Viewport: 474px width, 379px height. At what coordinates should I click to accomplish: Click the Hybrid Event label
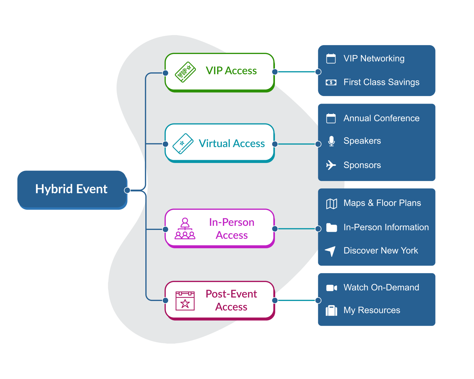(71, 189)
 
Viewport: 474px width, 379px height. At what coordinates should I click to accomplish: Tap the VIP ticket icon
(185, 72)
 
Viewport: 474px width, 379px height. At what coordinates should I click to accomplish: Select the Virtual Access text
(232, 143)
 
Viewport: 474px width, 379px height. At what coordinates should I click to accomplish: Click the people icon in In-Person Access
(185, 229)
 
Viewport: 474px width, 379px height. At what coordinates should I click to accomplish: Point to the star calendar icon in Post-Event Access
(185, 301)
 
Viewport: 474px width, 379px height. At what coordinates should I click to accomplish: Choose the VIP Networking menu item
(374, 58)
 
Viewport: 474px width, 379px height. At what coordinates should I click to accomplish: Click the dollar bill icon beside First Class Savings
(331, 82)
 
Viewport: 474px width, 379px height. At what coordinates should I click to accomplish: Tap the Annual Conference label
(381, 118)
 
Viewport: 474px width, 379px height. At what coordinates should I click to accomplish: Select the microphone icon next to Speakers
(331, 141)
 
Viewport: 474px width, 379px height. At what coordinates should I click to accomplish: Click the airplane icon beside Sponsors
(331, 165)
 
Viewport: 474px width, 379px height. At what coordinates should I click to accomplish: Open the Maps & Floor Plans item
(382, 203)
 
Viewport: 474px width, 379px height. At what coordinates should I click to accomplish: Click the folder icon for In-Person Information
(331, 227)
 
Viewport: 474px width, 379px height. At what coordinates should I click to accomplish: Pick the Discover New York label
(380, 250)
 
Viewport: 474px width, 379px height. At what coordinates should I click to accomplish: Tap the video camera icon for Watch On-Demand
(331, 288)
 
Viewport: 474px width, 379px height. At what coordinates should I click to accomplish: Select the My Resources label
(372, 310)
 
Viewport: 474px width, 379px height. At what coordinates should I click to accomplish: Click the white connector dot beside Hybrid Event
(127, 190)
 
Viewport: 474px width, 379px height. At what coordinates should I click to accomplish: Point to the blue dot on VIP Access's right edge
(275, 72)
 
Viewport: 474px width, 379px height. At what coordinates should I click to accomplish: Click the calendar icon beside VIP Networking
(331, 58)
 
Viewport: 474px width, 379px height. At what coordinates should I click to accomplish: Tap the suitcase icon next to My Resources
(331, 310)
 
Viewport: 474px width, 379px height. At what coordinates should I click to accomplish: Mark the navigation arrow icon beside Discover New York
(331, 251)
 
